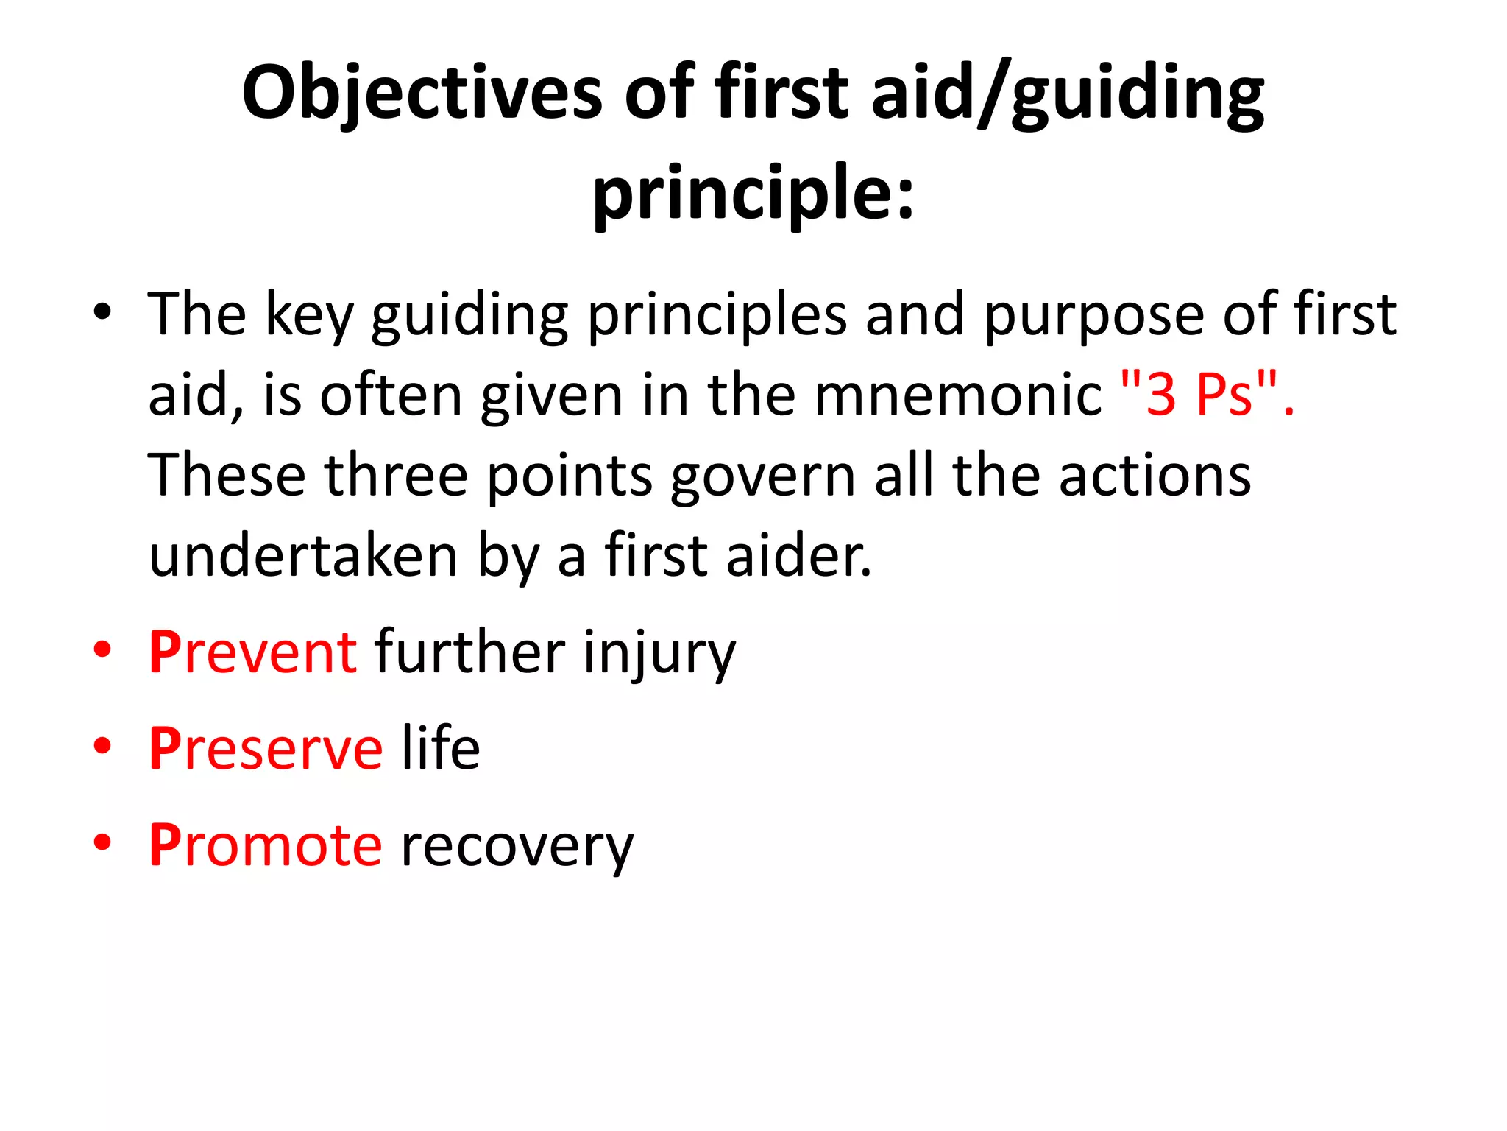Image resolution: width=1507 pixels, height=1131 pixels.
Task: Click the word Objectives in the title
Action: point(422,94)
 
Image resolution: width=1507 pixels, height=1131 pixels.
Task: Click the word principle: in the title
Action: point(753,193)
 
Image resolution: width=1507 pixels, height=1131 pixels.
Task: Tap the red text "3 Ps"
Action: point(1207,395)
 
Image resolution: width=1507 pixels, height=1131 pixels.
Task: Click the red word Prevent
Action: point(253,652)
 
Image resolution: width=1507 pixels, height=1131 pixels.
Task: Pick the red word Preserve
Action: point(266,749)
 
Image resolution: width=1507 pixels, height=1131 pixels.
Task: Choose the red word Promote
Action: point(265,845)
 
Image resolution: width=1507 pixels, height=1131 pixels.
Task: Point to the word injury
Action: point(659,654)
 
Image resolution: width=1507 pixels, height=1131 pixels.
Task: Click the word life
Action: point(441,749)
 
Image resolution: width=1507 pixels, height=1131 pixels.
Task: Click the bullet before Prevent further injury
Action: point(102,649)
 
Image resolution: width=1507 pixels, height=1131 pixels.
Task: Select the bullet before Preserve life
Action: point(102,746)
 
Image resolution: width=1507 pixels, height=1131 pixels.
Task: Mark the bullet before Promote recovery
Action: point(102,842)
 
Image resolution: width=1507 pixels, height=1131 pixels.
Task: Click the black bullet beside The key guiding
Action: point(102,311)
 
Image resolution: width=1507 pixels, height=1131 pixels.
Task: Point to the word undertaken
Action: point(303,556)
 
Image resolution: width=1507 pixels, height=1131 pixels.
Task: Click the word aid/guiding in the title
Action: point(1067,94)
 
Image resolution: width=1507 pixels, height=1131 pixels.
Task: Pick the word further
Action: point(469,652)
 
